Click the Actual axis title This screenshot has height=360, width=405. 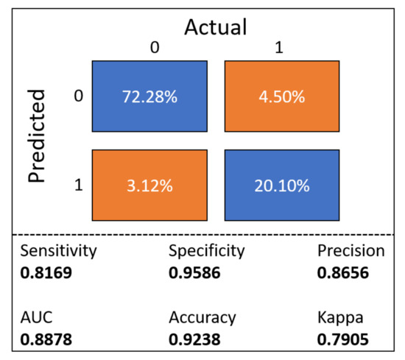pyautogui.click(x=215, y=27)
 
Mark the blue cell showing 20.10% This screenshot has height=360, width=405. pyautogui.click(x=282, y=186)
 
